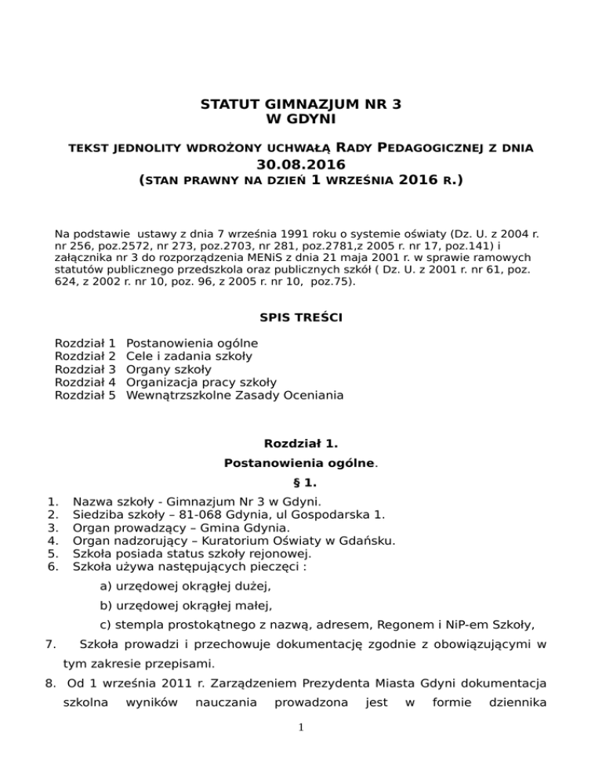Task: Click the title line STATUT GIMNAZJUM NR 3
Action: [x=301, y=104]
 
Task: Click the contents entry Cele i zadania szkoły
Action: [x=189, y=356]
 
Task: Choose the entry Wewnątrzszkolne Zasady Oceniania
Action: [x=234, y=395]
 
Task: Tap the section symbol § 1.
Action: [x=301, y=484]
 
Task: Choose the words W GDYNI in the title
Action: [x=301, y=118]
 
